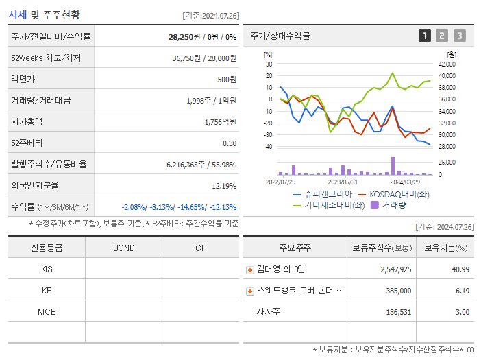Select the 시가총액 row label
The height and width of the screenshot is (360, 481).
(x=27, y=121)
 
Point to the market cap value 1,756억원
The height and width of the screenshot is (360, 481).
(x=220, y=121)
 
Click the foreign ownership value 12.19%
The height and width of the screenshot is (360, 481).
(x=223, y=186)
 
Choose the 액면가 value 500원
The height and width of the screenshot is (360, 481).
(x=226, y=79)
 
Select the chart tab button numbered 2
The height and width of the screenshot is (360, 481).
(x=442, y=36)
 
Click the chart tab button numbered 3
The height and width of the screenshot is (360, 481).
(x=459, y=36)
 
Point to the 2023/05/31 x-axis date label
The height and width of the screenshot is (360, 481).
(x=343, y=182)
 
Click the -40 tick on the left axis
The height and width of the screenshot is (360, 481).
(x=267, y=147)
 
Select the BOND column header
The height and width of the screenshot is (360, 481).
(x=123, y=248)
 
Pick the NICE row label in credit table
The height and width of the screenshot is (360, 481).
(x=47, y=311)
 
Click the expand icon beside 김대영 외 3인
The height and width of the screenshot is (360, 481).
(x=250, y=270)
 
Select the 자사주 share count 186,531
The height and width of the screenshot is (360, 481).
(x=395, y=312)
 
